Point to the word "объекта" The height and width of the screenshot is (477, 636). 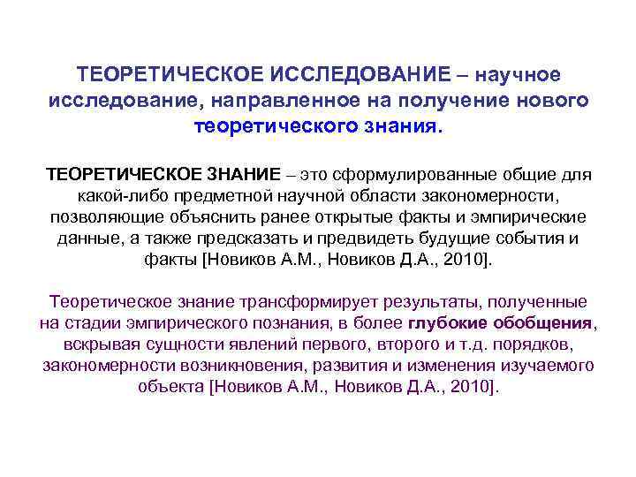click(169, 387)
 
